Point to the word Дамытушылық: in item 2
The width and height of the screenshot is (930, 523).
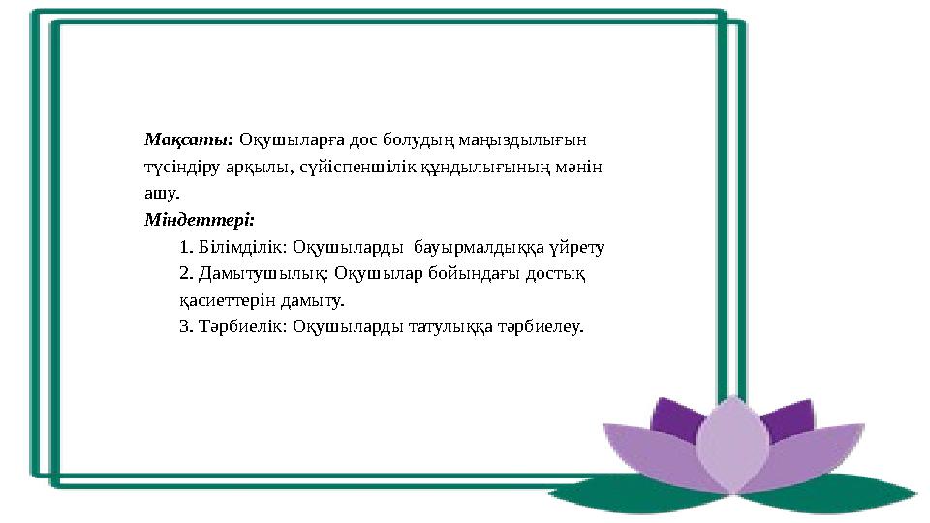pos(256,274)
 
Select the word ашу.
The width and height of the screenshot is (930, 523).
pos(157,193)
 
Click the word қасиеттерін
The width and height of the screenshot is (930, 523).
pos(223,301)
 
